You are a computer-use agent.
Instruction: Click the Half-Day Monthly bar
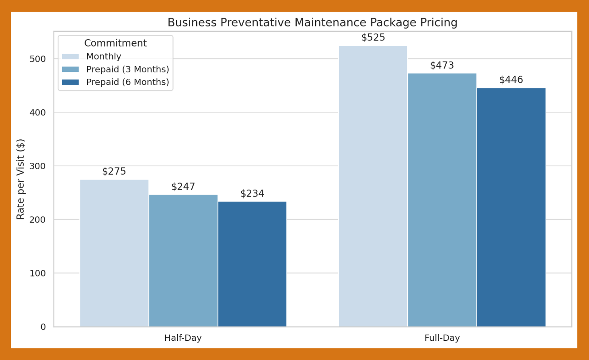pyautogui.click(x=114, y=253)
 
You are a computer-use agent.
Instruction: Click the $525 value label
pyautogui.click(x=373, y=37)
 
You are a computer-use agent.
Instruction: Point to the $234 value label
pyautogui.click(x=252, y=193)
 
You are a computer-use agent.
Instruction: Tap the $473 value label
pyautogui.click(x=442, y=65)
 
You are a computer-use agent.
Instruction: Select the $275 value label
pyautogui.click(x=114, y=171)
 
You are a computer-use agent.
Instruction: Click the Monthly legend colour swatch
pyautogui.click(x=70, y=56)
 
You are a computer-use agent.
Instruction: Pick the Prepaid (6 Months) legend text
pyautogui.click(x=127, y=82)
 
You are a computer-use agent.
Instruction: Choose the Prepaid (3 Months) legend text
pyautogui.click(x=127, y=69)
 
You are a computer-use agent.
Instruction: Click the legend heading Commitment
pyautogui.click(x=115, y=43)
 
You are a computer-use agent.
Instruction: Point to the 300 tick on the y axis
pyautogui.click(x=38, y=166)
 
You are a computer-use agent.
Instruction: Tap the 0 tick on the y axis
pyautogui.click(x=43, y=327)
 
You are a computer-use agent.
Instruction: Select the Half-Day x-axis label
pyautogui.click(x=183, y=338)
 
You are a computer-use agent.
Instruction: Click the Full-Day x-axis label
pyautogui.click(x=442, y=338)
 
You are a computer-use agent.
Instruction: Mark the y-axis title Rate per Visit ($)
pyautogui.click(x=21, y=179)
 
